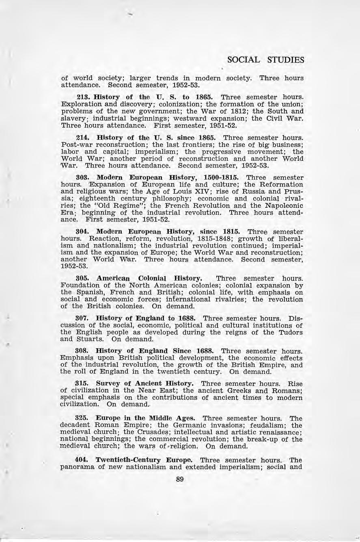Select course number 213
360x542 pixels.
[x=83, y=97]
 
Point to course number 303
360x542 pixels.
[x=83, y=177]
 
